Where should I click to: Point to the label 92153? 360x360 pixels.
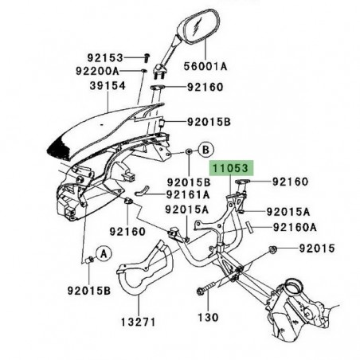pos(104,57)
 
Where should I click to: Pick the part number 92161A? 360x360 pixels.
pos(188,194)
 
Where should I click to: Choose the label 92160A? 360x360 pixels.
pos(295,227)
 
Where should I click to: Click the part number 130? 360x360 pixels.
pos(208,317)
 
